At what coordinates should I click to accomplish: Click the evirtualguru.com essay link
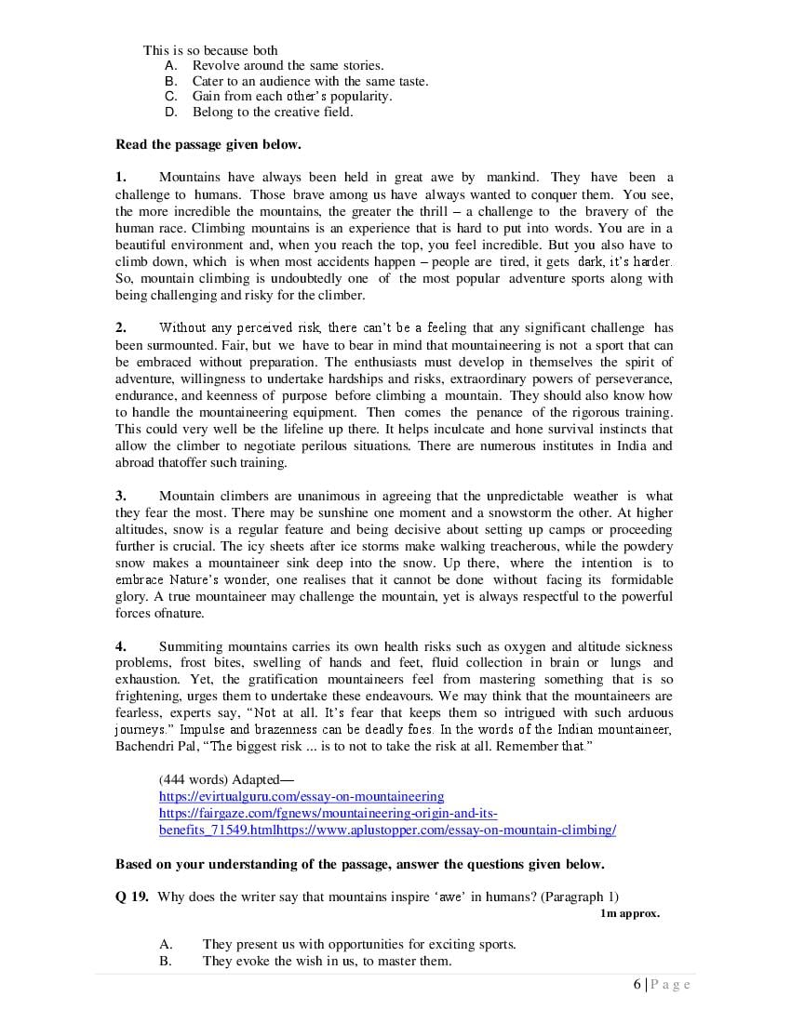302,796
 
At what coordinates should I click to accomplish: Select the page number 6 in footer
637,985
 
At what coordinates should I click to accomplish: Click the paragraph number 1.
120,177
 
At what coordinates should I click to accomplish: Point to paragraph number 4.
120,646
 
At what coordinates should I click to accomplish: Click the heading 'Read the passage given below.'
208,144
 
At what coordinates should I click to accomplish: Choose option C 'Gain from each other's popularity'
291,96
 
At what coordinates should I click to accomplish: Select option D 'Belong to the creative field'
273,112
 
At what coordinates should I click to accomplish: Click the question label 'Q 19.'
132,897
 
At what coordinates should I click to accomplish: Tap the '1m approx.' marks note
630,913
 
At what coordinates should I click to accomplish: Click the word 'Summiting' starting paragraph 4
190,646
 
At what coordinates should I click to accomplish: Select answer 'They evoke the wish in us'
327,961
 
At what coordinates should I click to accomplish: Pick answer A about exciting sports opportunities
358,944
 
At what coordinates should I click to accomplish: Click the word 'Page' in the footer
670,985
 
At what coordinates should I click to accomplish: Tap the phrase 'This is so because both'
210,50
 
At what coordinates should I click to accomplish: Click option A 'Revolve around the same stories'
287,65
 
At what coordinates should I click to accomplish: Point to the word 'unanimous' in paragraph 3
294,496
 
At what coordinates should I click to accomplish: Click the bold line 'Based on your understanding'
359,864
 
